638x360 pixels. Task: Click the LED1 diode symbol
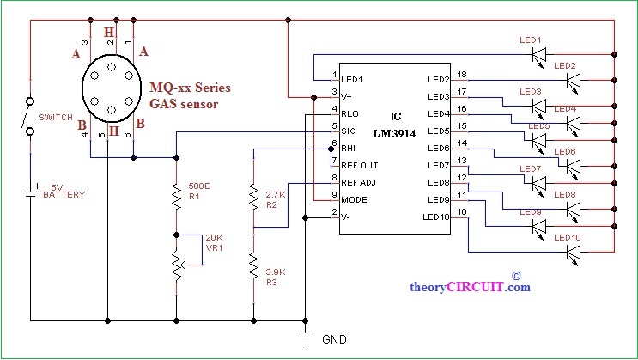539,55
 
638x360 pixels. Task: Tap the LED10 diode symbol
574,253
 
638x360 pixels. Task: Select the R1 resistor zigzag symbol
176,197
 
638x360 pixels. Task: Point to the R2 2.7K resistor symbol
253,197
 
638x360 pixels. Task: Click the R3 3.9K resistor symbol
253,266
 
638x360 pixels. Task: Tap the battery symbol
30,192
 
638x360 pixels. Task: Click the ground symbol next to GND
305,337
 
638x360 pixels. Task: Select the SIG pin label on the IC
349,131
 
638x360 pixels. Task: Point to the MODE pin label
354,200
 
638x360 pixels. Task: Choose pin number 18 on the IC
462,75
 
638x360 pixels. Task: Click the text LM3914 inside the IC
395,133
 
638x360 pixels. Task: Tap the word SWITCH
56,118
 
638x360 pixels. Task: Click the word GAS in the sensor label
161,104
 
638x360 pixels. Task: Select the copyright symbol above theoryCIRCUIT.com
516,276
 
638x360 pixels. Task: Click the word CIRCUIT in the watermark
475,287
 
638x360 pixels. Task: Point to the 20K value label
214,238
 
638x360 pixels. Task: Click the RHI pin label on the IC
349,149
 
